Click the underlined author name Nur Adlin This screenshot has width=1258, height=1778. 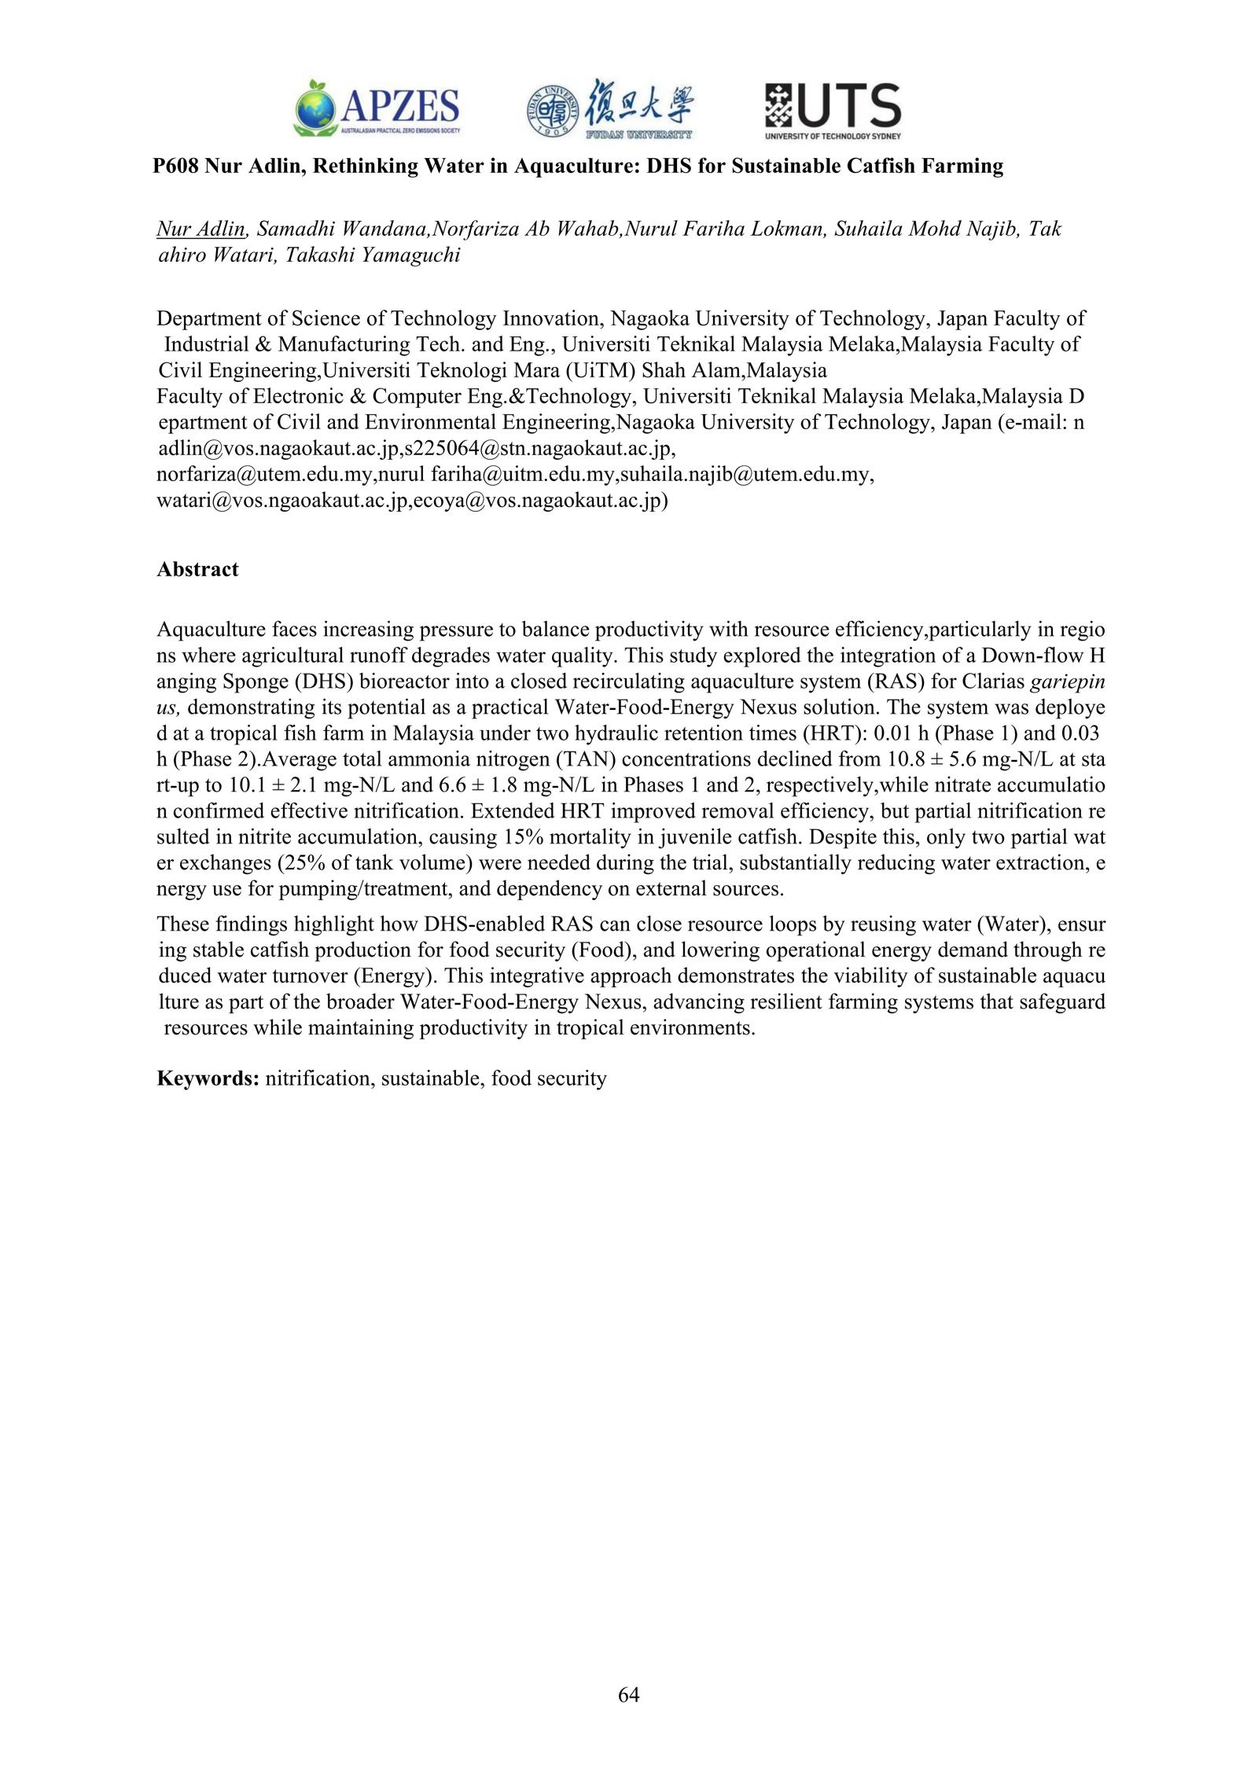(201, 230)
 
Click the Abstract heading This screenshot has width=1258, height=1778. (197, 569)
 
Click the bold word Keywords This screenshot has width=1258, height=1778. (208, 1078)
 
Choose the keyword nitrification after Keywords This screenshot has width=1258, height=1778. (318, 1078)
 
